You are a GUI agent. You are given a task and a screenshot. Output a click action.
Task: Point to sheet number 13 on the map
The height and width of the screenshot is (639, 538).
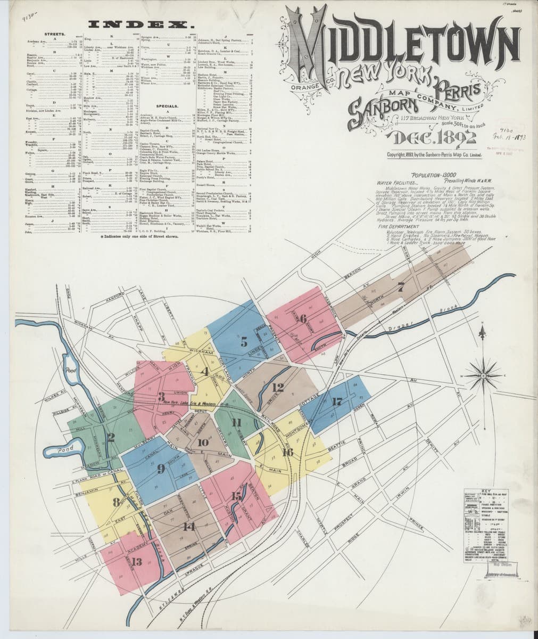tap(137, 561)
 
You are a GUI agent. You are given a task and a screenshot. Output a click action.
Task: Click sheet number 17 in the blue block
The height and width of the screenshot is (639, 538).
tap(336, 402)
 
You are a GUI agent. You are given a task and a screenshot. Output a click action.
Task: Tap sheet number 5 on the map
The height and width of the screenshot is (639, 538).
tap(244, 342)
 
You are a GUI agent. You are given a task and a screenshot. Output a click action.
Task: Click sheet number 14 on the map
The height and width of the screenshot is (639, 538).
tap(188, 527)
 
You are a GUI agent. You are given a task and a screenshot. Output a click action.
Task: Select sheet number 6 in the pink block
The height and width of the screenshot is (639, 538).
tap(303, 319)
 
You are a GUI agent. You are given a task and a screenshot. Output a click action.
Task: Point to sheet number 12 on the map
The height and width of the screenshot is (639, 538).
tap(277, 387)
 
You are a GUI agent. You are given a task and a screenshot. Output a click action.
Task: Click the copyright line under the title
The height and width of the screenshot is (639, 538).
tap(435, 155)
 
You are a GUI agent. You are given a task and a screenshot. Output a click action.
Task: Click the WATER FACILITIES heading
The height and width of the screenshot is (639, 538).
tap(395, 182)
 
